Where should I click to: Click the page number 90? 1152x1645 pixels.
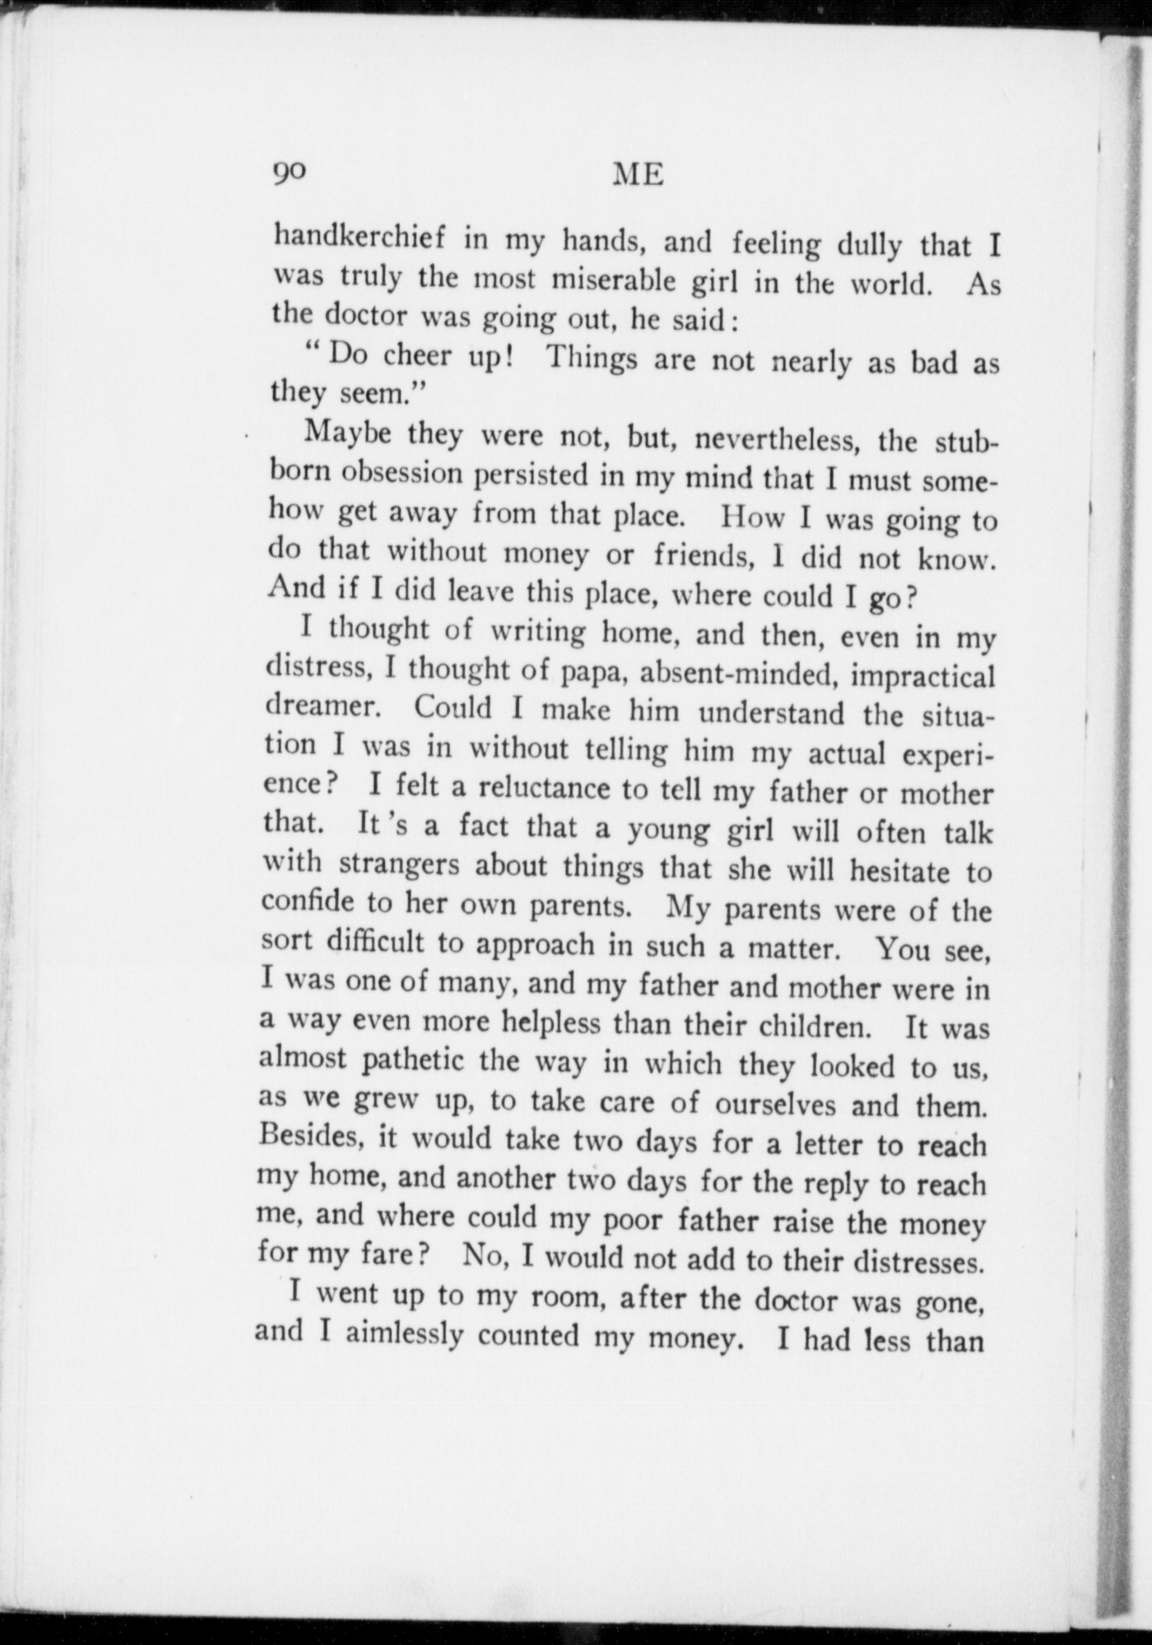(289, 171)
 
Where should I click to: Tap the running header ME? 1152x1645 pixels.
(639, 174)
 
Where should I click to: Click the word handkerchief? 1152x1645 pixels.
(360, 237)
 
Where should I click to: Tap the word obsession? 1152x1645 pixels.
(402, 475)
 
